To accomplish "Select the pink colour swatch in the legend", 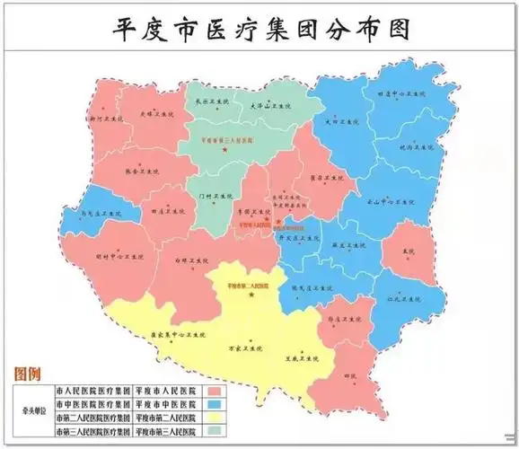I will (x=215, y=392).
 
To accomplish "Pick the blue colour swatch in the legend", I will (x=215, y=405).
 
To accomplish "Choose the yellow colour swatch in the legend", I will (x=215, y=418).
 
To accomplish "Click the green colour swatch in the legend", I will (x=215, y=432).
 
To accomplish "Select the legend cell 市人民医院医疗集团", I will (x=92, y=392).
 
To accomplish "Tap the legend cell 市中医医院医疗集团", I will (x=92, y=405).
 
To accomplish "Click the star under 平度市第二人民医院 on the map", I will (x=252, y=295).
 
